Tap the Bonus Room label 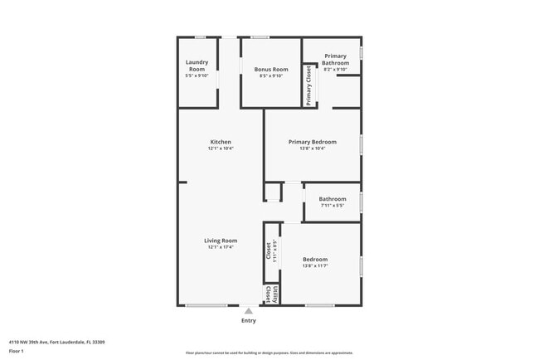(x=270, y=69)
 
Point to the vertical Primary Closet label (x=308, y=85)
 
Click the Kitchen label (x=221, y=142)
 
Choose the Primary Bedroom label (x=312, y=142)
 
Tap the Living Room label (x=221, y=241)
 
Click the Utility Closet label (x=268, y=294)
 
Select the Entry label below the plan (x=248, y=320)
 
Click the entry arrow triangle (x=248, y=311)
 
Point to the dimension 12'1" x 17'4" (x=221, y=247)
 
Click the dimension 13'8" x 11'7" (x=315, y=265)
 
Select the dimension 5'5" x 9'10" (x=197, y=75)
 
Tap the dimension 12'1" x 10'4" (x=221, y=148)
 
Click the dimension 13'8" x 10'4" (x=312, y=148)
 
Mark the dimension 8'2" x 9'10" (x=335, y=71)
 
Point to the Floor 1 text (x=17, y=352)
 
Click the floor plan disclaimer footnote (x=269, y=353)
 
